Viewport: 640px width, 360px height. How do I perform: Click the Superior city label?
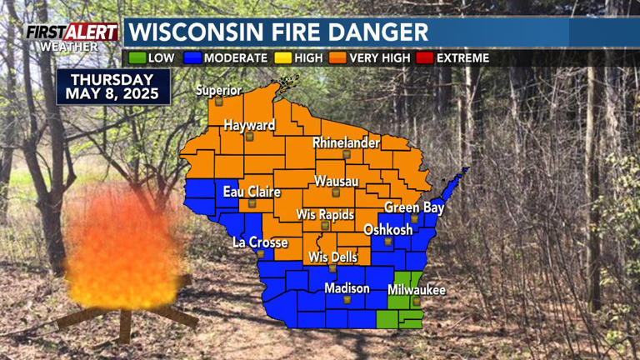(x=218, y=90)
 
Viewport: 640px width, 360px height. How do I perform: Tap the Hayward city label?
(x=249, y=125)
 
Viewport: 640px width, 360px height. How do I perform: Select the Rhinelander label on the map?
(x=346, y=143)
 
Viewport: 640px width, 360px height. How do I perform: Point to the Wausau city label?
(x=337, y=182)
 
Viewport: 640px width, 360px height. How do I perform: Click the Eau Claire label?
(x=252, y=192)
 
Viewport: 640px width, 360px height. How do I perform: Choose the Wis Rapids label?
(x=326, y=214)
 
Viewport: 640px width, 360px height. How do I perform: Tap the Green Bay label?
(x=414, y=207)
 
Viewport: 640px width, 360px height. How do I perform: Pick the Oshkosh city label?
(x=387, y=230)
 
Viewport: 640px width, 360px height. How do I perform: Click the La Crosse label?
(x=260, y=242)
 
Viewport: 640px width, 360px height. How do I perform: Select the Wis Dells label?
(x=332, y=257)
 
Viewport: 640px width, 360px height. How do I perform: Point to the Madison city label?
(x=347, y=288)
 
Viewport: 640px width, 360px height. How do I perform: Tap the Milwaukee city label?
(x=417, y=290)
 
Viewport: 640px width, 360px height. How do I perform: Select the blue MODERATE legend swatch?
(x=193, y=58)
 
